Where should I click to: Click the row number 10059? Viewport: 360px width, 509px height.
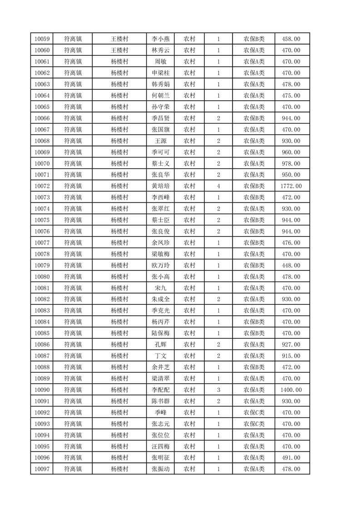pyautogui.click(x=42, y=39)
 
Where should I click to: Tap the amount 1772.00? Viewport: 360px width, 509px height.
pyautogui.click(x=291, y=186)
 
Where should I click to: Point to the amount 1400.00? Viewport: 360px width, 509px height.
pyautogui.click(x=291, y=390)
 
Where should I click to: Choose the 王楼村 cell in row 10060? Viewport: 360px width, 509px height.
pyautogui.click(x=120, y=50)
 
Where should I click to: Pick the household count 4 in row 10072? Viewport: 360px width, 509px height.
pyautogui.click(x=218, y=186)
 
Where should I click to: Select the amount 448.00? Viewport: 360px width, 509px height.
pyautogui.click(x=291, y=265)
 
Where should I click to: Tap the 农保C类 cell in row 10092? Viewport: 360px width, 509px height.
pyautogui.click(x=254, y=412)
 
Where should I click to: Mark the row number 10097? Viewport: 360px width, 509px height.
pyautogui.click(x=42, y=469)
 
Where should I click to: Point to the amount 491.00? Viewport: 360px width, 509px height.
pyautogui.click(x=291, y=458)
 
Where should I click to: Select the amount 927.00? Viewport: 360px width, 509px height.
pyautogui.click(x=291, y=345)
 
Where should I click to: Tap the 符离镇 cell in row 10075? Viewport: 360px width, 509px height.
pyautogui.click(x=73, y=220)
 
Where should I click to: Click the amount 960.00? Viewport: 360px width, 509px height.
pyautogui.click(x=291, y=152)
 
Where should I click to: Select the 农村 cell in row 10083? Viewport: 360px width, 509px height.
pyautogui.click(x=189, y=311)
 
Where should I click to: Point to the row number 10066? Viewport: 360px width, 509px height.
pyautogui.click(x=42, y=118)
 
